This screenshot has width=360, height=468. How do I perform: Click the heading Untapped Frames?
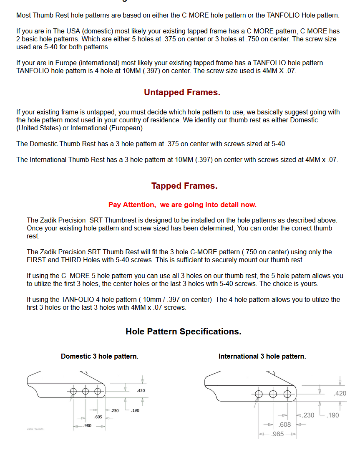(x=182, y=92)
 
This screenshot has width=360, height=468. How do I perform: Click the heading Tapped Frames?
(x=184, y=186)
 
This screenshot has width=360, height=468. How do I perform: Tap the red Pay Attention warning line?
(x=182, y=205)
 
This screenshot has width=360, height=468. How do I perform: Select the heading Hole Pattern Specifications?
(x=183, y=331)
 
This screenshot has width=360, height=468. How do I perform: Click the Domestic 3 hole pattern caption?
(x=99, y=356)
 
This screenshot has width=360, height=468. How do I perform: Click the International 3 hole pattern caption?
(x=262, y=356)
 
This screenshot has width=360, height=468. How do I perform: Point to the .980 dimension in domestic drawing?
(x=87, y=425)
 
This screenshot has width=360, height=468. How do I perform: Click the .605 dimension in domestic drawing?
(x=98, y=417)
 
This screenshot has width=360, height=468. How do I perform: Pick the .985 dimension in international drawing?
(x=277, y=434)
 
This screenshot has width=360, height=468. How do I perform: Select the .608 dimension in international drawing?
(x=285, y=425)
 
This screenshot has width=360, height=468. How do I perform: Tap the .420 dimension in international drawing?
(x=340, y=393)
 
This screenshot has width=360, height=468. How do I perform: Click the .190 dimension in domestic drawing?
(x=135, y=410)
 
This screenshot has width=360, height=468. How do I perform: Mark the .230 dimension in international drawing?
(x=308, y=415)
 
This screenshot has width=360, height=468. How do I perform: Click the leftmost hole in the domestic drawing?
(x=73, y=391)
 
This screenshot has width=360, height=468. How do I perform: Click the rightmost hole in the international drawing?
(x=287, y=394)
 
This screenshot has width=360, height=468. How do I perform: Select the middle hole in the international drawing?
(x=273, y=394)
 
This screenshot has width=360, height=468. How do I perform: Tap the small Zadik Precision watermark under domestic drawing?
(x=35, y=429)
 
